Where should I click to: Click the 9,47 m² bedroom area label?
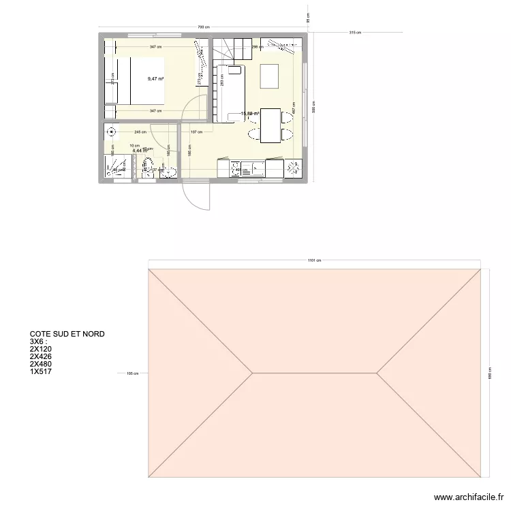pos(155,79)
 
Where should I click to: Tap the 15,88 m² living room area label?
pos(250,113)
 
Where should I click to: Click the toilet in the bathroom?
pos(147,164)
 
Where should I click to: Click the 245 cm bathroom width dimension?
pos(141,131)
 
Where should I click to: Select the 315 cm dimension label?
pos(354,32)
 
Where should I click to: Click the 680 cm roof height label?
pos(489,373)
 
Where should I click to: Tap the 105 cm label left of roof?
pos(132,373)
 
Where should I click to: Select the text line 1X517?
pos(41,371)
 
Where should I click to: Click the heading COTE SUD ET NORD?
pos(67,334)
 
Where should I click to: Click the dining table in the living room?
pos(270,125)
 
